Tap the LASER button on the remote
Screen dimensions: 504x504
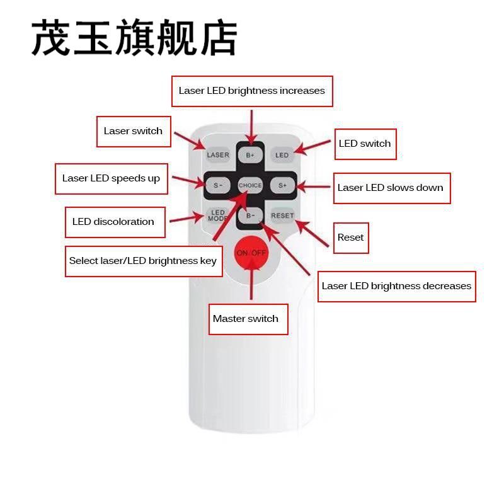click(x=218, y=155)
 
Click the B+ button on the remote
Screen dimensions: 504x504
click(x=250, y=155)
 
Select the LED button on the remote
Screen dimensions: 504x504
click(x=282, y=155)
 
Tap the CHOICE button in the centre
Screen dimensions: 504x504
click(x=250, y=185)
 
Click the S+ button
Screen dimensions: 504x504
click(x=282, y=185)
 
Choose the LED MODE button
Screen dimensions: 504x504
click(x=218, y=215)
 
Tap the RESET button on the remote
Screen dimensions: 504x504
click(x=282, y=215)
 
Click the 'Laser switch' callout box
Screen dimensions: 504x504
click(x=134, y=131)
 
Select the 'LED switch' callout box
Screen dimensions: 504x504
click(x=365, y=144)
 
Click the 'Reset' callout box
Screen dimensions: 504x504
click(x=351, y=238)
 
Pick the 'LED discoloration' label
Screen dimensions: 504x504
click(x=115, y=222)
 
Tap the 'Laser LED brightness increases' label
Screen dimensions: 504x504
click(x=252, y=91)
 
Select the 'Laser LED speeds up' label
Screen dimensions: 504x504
click(x=111, y=178)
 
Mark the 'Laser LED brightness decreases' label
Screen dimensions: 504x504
click(x=396, y=286)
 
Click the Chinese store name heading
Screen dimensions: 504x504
click(x=134, y=38)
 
